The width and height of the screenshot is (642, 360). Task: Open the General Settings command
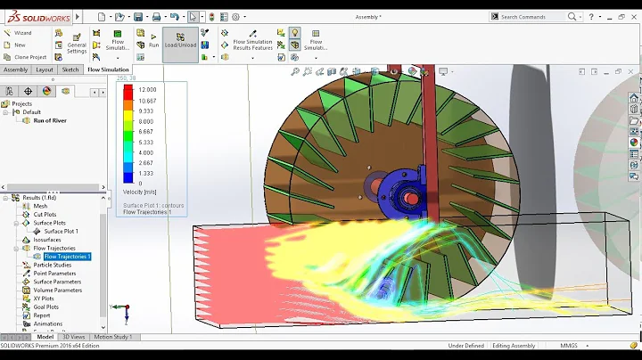point(77,45)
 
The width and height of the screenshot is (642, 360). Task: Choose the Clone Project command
point(28,56)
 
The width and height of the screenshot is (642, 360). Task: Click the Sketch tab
point(70,69)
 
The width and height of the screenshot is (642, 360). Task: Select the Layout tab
point(44,69)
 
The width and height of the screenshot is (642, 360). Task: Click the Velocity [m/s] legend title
point(141,192)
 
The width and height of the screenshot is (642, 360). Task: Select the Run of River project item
point(44,120)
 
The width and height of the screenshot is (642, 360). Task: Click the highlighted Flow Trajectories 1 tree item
point(67,257)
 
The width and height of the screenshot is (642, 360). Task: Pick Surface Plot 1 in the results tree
point(61,231)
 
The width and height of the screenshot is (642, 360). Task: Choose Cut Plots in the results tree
point(45,215)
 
